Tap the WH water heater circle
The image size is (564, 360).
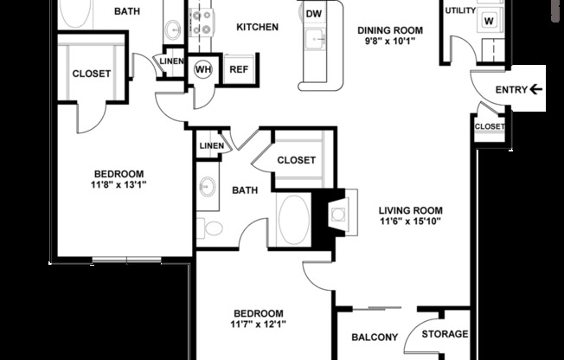[x=204, y=69]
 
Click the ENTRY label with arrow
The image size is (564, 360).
[x=518, y=89]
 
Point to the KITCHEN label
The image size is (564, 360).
[x=257, y=27]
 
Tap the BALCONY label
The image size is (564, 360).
[x=374, y=337]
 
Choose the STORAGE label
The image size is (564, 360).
[x=445, y=334]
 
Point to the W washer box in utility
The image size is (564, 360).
[x=489, y=20]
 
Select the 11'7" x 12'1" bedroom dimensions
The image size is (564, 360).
[x=259, y=325]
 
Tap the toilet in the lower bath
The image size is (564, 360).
[x=209, y=228]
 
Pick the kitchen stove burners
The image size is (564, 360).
[x=202, y=19]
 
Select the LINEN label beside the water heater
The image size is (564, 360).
[x=170, y=60]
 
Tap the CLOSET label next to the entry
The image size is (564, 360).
[x=489, y=126]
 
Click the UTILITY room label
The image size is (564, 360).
[x=460, y=10]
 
